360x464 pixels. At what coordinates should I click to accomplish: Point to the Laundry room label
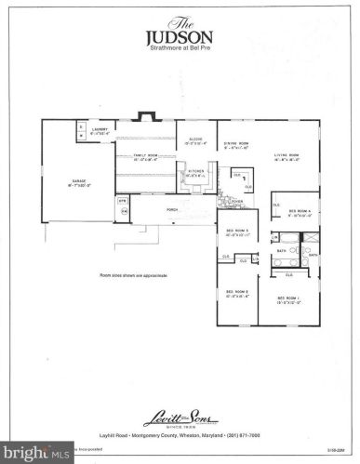pos(100,129)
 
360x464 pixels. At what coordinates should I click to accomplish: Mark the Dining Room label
pos(238,144)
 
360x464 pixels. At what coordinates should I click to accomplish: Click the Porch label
pos(172,210)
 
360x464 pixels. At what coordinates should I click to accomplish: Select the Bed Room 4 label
pos(306,213)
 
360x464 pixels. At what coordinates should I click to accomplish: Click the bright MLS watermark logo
pos(33,455)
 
